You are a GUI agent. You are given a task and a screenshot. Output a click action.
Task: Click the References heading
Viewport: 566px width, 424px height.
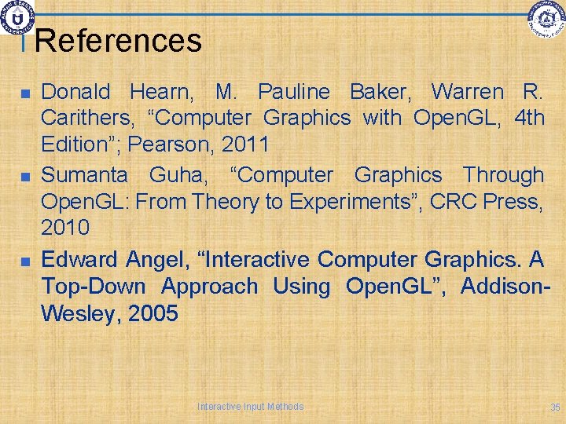coord(118,41)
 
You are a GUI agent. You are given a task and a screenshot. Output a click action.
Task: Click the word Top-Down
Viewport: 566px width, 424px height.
coord(94,286)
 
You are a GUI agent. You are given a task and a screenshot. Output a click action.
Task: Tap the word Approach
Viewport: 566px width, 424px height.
coord(210,287)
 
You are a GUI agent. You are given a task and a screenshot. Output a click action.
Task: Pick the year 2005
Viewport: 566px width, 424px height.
coord(151,314)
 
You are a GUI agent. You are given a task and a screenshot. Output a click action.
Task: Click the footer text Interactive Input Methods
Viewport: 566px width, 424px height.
coord(250,406)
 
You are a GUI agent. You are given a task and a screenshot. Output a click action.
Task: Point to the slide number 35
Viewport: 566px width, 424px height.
coord(555,407)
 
